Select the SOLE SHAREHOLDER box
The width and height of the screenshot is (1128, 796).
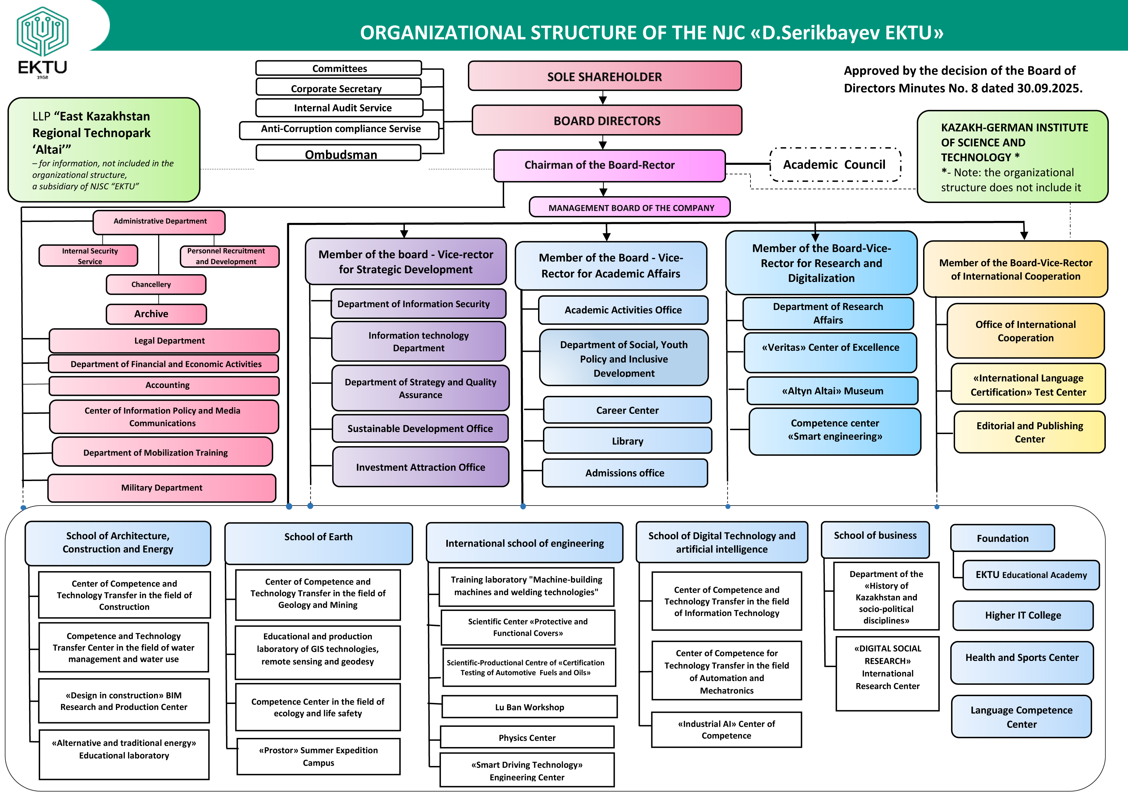pyautogui.click(x=604, y=76)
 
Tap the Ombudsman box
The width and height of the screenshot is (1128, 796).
pyautogui.click(x=339, y=153)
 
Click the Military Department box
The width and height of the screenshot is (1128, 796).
pyautogui.click(x=162, y=488)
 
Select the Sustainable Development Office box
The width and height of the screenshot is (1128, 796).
pyautogui.click(x=420, y=429)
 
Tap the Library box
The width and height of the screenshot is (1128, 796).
pyautogui.click(x=627, y=441)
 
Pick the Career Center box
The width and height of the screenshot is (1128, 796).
pyautogui.click(x=627, y=410)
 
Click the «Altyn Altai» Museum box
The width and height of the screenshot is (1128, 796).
pyautogui.click(x=832, y=391)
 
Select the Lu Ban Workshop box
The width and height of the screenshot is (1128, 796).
pyautogui.click(x=529, y=707)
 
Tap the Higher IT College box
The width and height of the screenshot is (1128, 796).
pyautogui.click(x=1023, y=615)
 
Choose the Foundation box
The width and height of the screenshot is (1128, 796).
pyautogui.click(x=1002, y=538)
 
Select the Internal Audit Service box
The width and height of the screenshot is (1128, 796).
pyautogui.click(x=339, y=108)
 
